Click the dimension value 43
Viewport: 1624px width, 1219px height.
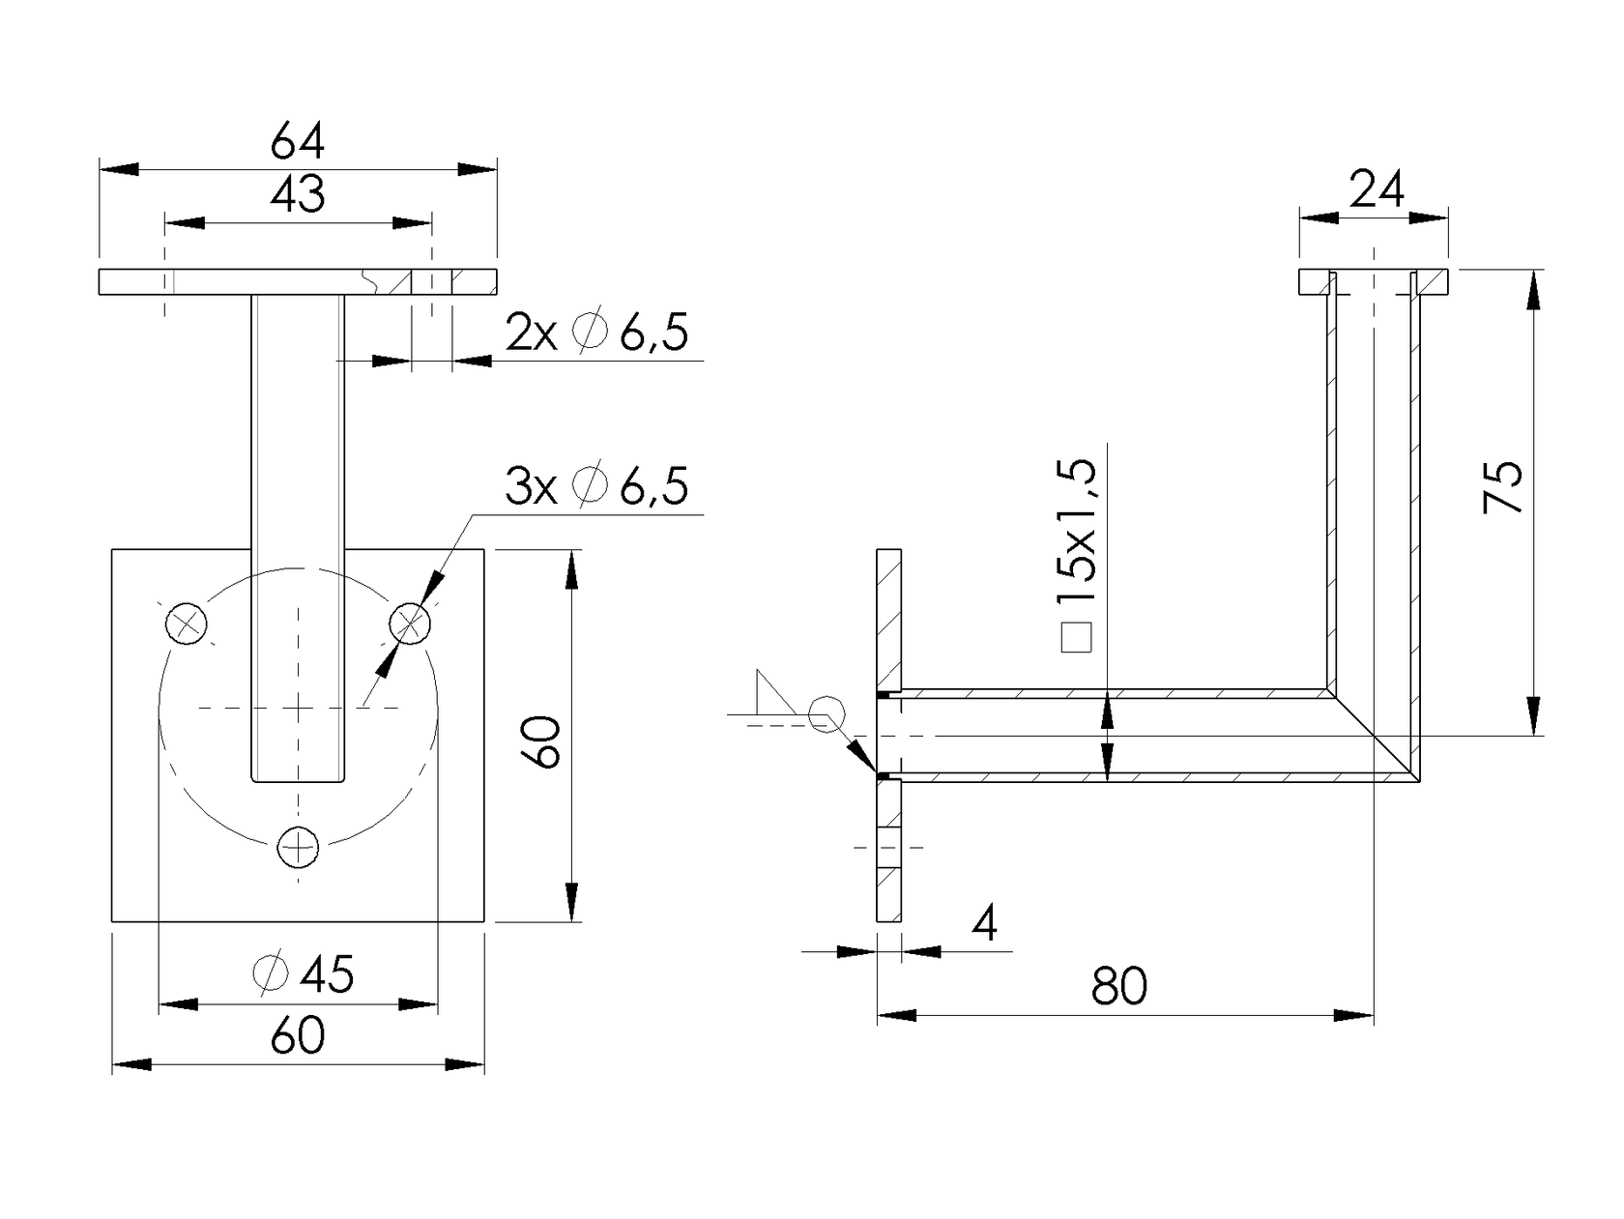coord(297,195)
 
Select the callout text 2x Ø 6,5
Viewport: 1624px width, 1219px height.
coord(596,334)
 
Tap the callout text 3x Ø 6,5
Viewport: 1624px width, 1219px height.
coord(596,486)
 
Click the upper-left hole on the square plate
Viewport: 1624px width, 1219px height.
coord(187,623)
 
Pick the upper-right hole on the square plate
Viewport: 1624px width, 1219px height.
coord(410,623)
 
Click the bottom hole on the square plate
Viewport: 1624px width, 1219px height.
coord(298,848)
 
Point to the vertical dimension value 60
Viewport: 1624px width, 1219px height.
coord(545,742)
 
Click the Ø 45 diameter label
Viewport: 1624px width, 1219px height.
coord(303,974)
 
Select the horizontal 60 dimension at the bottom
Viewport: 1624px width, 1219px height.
coord(297,1036)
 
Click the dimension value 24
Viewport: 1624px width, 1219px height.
coord(1376,190)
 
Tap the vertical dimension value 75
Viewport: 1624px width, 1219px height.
coord(1504,487)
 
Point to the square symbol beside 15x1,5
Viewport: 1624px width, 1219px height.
coord(1076,638)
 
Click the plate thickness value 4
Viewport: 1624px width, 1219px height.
coord(984,924)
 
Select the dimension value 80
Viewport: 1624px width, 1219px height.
coord(1119,987)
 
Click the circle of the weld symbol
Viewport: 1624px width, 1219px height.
coord(826,714)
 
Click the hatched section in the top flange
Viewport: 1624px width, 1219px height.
coord(1435,282)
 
